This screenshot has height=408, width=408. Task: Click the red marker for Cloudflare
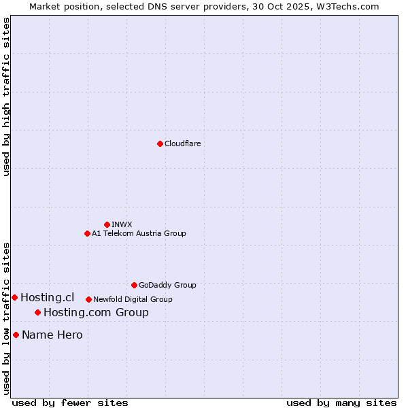point(160,143)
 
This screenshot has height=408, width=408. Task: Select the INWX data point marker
point(107,224)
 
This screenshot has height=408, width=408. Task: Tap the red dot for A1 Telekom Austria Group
point(87,233)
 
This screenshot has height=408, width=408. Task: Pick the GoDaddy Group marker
point(134,285)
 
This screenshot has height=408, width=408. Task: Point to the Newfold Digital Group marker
point(88,299)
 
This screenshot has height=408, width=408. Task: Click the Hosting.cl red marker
point(14,297)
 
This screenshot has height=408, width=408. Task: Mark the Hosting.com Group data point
point(37,312)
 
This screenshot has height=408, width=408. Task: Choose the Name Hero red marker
point(16,335)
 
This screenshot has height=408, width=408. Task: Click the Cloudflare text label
point(182,143)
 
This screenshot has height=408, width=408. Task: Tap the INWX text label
point(122,224)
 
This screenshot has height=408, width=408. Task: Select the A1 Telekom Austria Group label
point(139,233)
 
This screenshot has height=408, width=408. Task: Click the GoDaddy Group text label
point(167,285)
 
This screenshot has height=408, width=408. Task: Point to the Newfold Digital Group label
point(133,299)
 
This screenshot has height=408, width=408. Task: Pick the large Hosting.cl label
point(47,297)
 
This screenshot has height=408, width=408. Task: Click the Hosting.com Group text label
point(96,312)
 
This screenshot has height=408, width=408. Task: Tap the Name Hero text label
point(52,335)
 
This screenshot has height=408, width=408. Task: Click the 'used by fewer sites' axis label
point(70,403)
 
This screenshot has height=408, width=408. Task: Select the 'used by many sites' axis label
point(341,403)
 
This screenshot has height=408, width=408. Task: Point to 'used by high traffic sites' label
point(6,97)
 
